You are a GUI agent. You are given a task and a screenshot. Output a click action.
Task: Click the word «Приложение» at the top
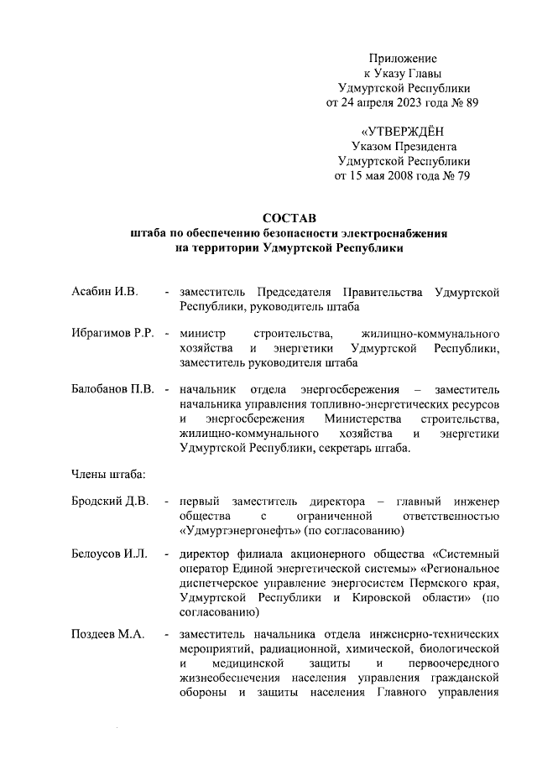pyautogui.click(x=403, y=58)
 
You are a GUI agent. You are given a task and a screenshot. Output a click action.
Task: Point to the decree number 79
pyautogui.click(x=460, y=176)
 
